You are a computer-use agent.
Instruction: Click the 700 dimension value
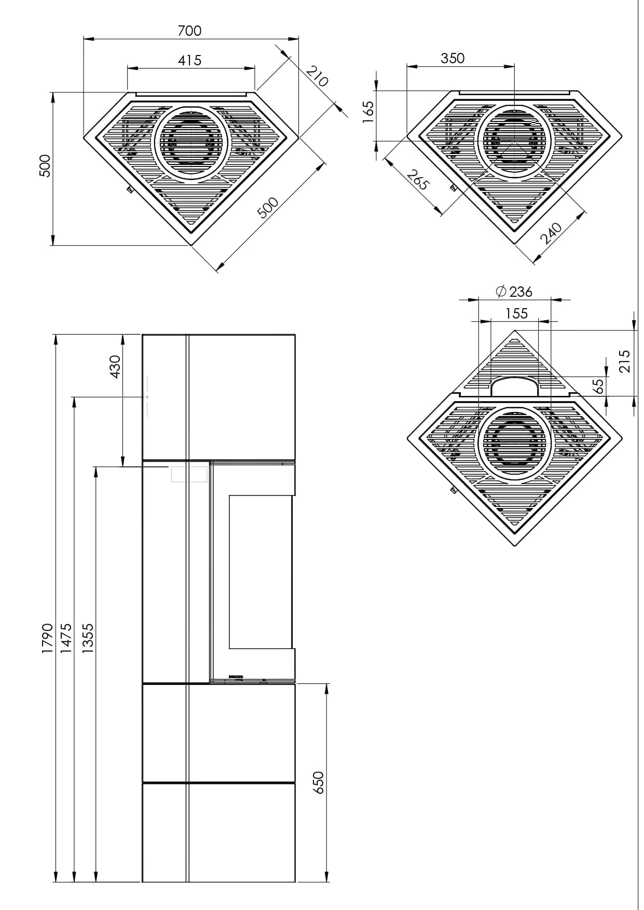click(x=189, y=31)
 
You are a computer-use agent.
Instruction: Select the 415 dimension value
click(x=189, y=61)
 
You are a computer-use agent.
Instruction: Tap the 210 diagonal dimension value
click(x=317, y=76)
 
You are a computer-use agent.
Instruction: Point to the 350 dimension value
click(x=453, y=58)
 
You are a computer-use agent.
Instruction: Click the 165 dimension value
click(x=368, y=111)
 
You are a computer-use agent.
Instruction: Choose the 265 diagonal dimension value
click(x=418, y=180)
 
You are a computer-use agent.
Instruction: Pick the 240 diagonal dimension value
click(x=551, y=233)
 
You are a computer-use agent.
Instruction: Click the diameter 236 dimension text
click(x=514, y=292)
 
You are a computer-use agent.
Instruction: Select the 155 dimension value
click(x=516, y=313)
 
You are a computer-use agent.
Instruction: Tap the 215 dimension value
click(x=624, y=361)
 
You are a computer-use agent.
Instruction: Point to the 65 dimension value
click(x=598, y=385)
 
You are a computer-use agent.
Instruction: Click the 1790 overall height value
click(x=47, y=638)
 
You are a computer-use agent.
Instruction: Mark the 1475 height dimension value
click(x=66, y=638)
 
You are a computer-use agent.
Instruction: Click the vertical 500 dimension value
click(x=45, y=166)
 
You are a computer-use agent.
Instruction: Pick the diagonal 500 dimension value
click(x=268, y=208)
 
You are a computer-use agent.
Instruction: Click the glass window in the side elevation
click(x=261, y=572)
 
